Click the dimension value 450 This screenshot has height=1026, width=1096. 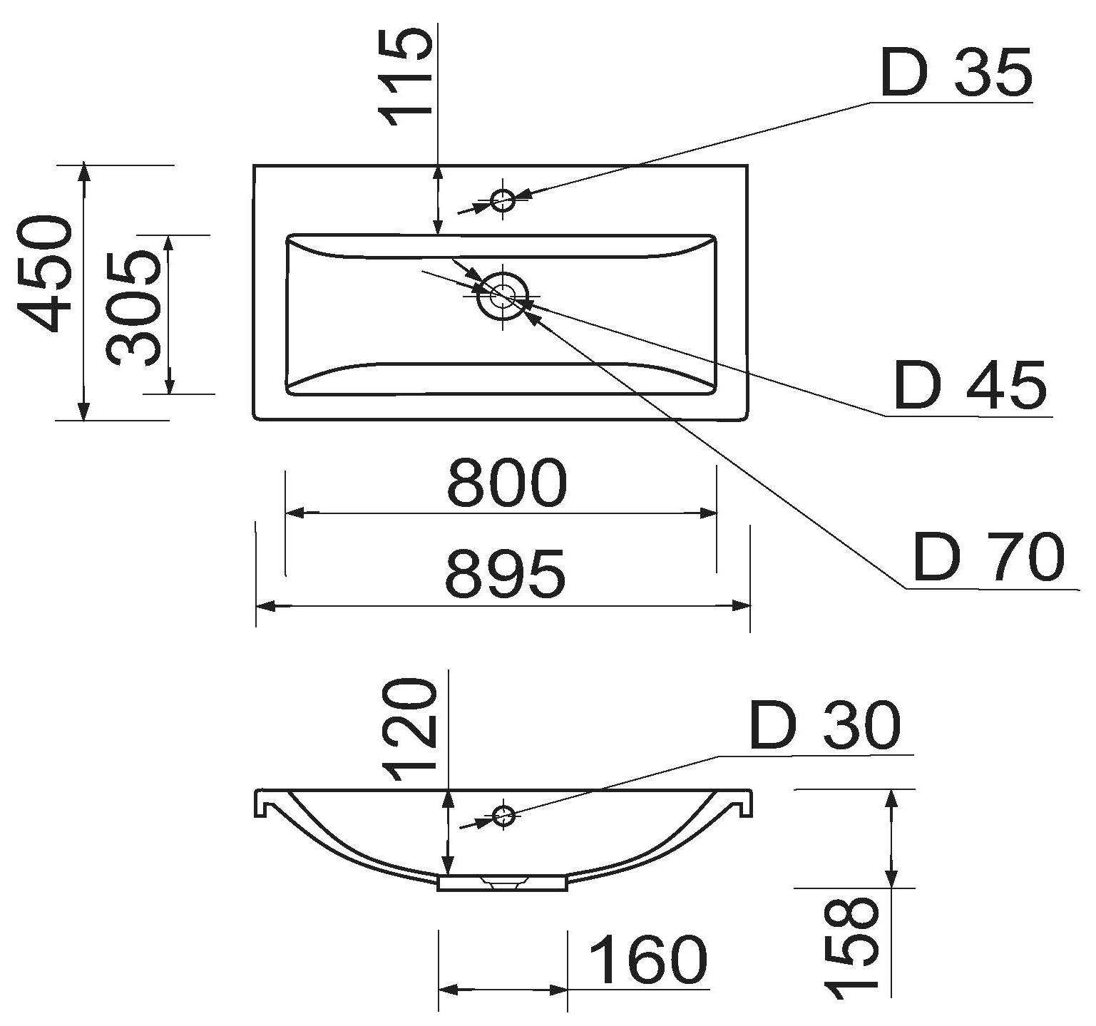point(44,275)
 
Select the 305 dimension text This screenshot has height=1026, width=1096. point(133,308)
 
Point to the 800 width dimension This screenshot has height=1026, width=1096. point(507,483)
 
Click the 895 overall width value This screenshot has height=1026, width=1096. point(506,574)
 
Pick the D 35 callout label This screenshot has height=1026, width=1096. point(956,73)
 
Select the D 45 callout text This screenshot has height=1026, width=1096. point(969,386)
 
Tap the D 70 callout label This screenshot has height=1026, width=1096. point(988,557)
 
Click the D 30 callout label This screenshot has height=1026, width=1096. point(825,726)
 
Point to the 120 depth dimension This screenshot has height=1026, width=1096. point(410,729)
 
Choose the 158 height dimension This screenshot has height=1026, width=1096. point(852,945)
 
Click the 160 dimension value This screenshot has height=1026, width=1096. point(648,960)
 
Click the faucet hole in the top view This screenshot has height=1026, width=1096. point(503,200)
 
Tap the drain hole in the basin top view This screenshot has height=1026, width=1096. point(503,294)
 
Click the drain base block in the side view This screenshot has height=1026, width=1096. point(502,884)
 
